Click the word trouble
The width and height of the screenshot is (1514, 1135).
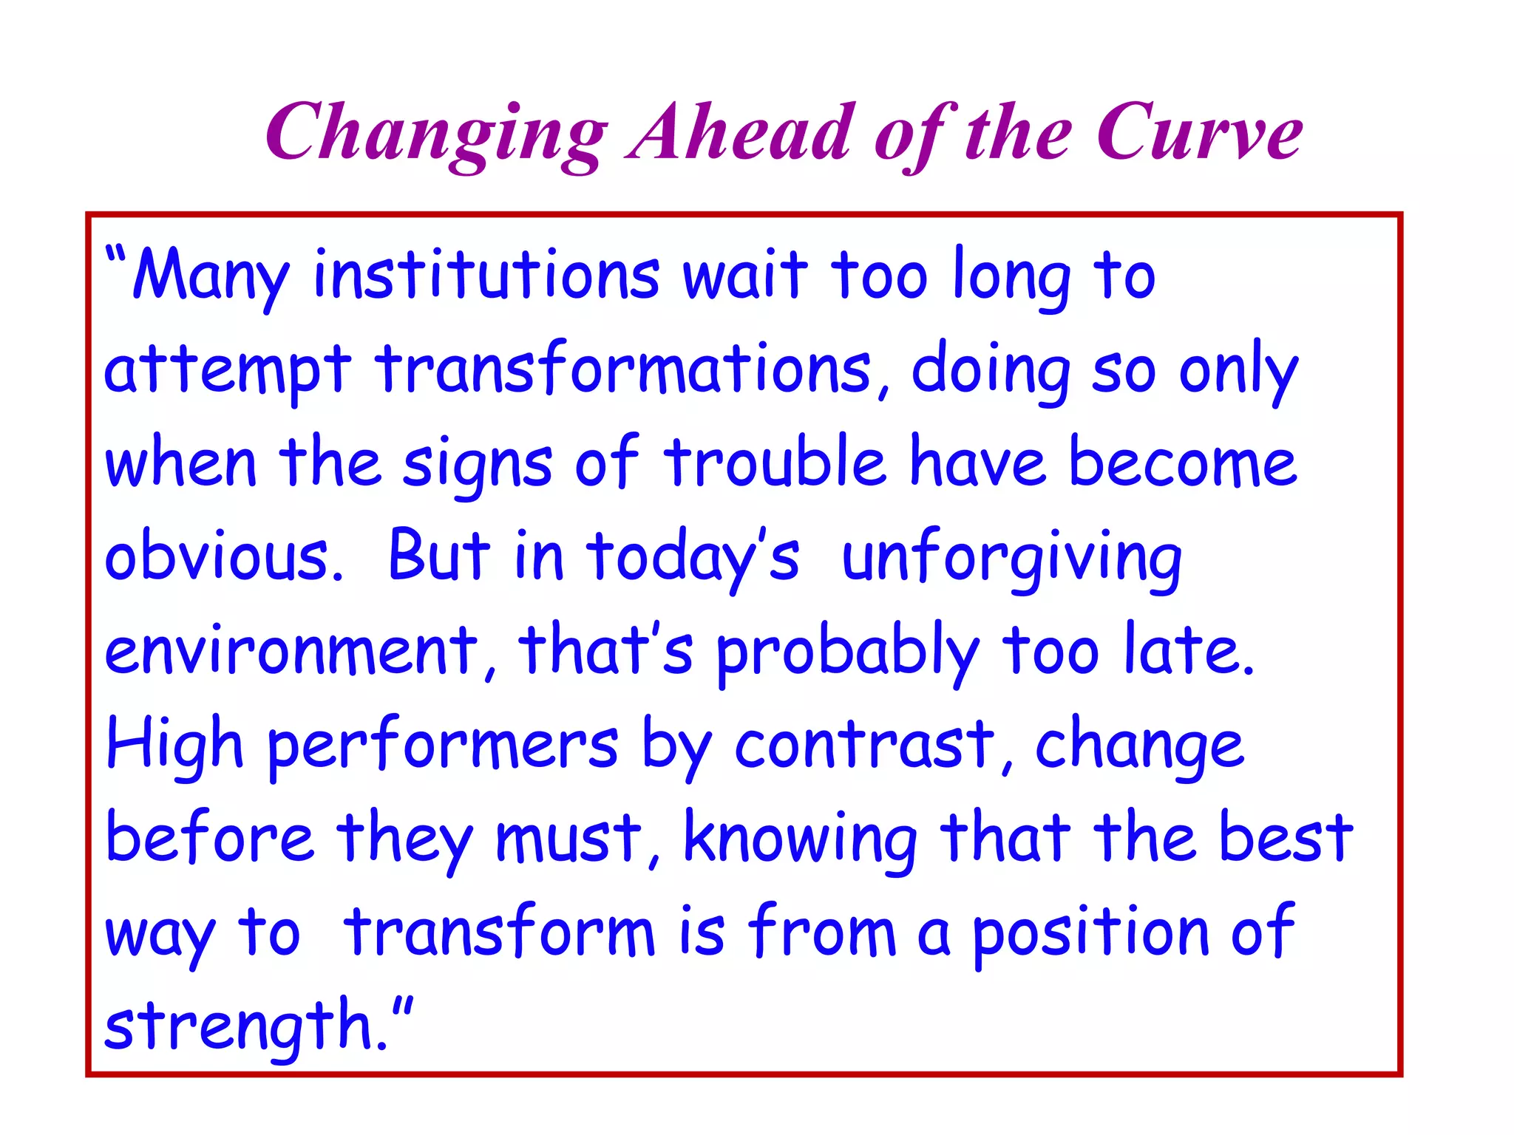click(x=774, y=463)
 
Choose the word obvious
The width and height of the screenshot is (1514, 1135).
click(x=223, y=557)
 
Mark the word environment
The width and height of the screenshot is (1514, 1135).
click(x=292, y=651)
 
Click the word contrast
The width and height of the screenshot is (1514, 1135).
click(x=865, y=745)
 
